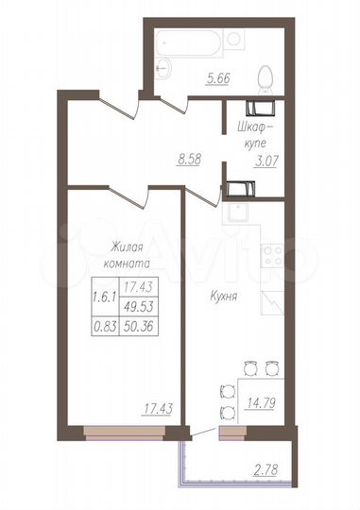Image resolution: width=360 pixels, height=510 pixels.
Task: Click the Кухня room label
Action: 223,296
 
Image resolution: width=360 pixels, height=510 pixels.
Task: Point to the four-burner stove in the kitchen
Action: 273,254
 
